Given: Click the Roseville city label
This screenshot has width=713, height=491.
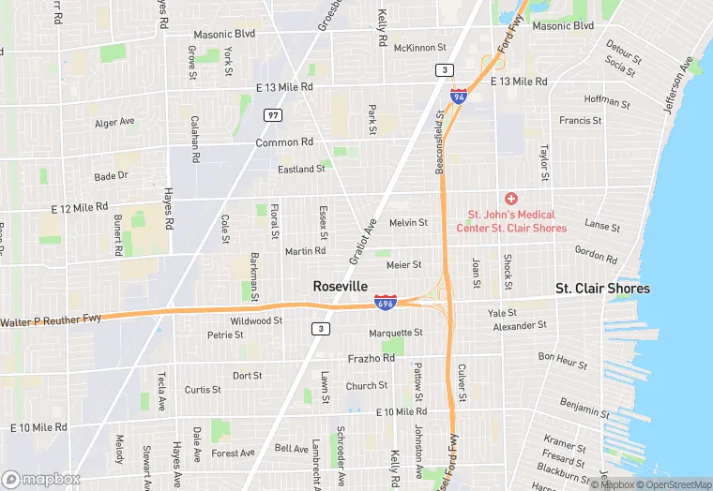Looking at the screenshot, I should pos(340,287).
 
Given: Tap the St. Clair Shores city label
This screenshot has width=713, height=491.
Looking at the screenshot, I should pos(602,289).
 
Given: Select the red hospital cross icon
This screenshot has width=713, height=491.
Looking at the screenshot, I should pos(511,199).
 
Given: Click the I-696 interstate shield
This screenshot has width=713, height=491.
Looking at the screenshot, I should pos(385,303).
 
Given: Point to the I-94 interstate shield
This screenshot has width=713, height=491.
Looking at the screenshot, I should pos(458,96).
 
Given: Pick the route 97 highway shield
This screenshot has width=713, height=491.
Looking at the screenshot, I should pos(273,114).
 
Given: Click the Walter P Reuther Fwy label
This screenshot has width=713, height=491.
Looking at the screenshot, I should pos(51,320).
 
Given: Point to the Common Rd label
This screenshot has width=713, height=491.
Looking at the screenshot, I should pos(284,142).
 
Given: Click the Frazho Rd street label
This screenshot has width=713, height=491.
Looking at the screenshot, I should pos(371,359).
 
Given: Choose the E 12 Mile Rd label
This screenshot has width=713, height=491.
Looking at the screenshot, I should pos(79,206).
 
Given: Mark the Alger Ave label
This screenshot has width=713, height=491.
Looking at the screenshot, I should pos(114,122).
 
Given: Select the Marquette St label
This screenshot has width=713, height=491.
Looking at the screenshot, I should pos(396,332).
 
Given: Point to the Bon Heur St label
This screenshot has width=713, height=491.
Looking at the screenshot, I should pos(563,360).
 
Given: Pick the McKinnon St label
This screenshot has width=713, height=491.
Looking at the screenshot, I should pos(419,47).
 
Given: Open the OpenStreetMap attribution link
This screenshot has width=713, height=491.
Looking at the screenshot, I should pos(672,484).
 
